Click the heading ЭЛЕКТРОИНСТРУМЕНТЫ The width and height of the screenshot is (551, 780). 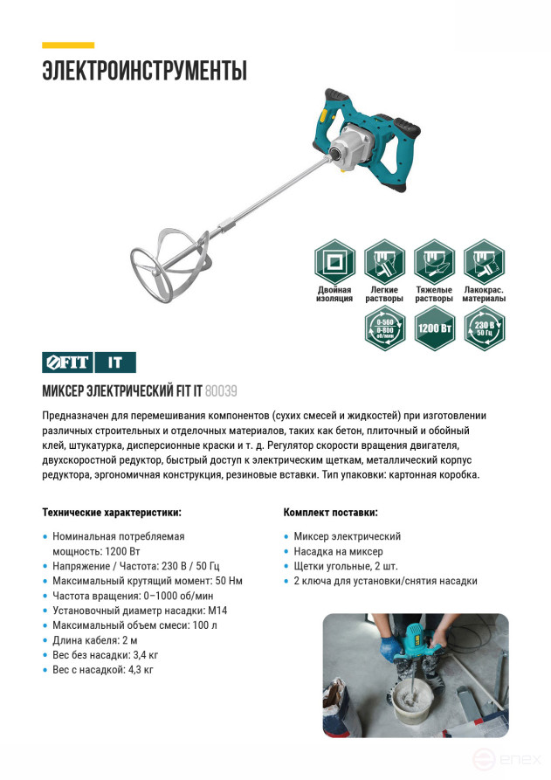coord(145,71)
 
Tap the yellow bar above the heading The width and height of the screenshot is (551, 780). coord(68,45)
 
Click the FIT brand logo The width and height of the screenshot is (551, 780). coord(65,361)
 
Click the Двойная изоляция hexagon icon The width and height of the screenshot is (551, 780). coord(334,261)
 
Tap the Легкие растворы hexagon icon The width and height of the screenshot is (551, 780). coord(384,261)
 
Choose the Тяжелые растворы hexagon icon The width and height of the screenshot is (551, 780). coord(434,261)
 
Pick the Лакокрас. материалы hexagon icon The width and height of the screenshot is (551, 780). coord(484,261)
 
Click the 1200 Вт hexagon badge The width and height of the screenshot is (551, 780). coord(434,328)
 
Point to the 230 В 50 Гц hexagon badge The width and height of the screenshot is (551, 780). coord(484,328)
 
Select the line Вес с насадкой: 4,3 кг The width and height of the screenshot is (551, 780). coord(103,670)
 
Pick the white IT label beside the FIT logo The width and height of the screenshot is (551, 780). coord(114,361)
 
